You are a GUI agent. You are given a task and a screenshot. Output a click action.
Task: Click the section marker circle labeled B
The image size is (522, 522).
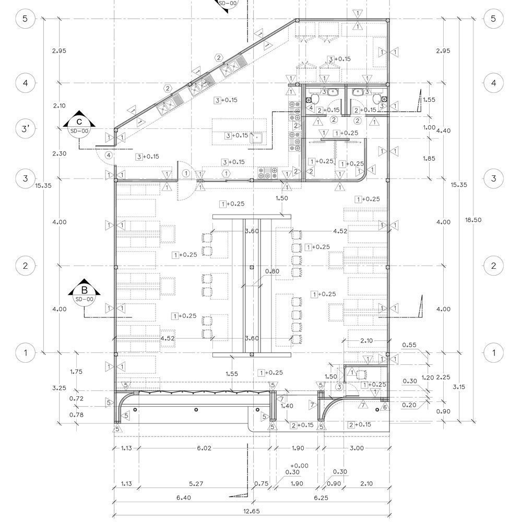click(x=84, y=294)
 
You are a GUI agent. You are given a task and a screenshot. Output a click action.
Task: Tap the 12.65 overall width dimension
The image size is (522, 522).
click(x=252, y=511)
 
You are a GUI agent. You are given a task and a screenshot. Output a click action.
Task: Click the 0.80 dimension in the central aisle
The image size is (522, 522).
click(x=272, y=271)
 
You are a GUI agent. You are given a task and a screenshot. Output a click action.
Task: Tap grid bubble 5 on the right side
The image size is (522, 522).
click(x=494, y=19)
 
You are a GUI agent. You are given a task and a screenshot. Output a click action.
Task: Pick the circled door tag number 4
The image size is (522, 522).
click(x=108, y=155)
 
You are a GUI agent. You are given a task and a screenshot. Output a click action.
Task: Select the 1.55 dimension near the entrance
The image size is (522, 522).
click(x=233, y=374)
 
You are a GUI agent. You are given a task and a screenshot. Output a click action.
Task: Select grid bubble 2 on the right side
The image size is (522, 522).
click(x=494, y=266)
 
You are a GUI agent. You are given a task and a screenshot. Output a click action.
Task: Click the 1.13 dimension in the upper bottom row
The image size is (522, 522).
click(x=126, y=448)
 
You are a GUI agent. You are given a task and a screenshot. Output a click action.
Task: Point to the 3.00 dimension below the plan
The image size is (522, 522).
click(x=357, y=448)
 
